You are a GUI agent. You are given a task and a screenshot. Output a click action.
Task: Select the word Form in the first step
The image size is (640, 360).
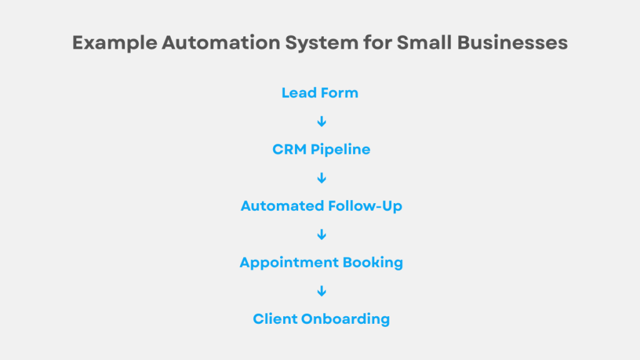(x=339, y=93)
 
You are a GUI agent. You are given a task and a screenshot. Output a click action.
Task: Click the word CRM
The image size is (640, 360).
(x=289, y=149)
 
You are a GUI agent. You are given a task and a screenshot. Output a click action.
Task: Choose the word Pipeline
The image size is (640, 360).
(x=341, y=150)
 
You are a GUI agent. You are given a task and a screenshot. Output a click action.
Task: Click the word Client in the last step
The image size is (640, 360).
(x=274, y=319)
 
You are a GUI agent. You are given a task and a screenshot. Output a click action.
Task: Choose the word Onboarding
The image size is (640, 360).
(x=346, y=319)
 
